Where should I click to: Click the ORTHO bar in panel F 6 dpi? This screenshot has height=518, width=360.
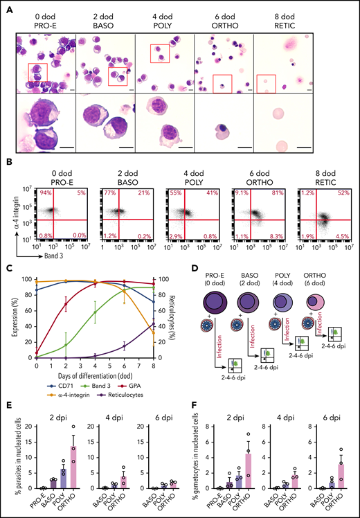tap(339, 476)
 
